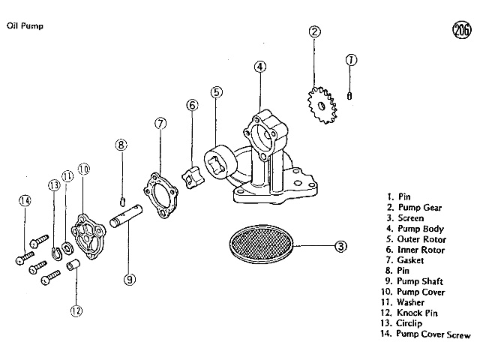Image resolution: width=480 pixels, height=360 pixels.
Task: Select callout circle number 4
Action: [x=259, y=67]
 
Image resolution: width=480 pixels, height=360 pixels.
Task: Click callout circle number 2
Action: [x=315, y=31]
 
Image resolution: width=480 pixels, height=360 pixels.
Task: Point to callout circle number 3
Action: [x=340, y=245]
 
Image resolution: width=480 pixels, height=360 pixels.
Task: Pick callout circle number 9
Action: [x=129, y=279]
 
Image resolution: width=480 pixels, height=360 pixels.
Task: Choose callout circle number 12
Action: [x=75, y=310]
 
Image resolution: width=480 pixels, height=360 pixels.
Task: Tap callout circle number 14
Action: [x=25, y=200]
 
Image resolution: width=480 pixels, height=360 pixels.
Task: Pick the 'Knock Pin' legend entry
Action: [x=420, y=313]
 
